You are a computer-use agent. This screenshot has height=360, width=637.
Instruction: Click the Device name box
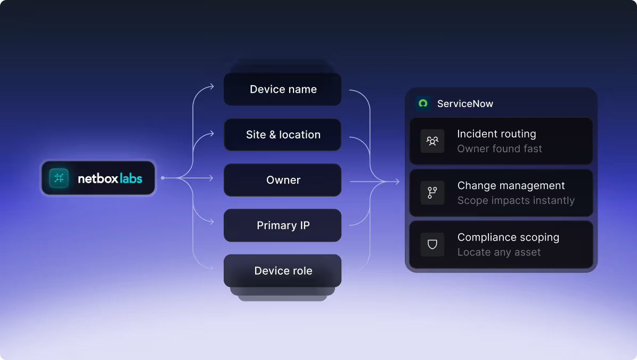pos(282,89)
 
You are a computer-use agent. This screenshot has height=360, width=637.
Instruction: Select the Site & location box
pos(282,135)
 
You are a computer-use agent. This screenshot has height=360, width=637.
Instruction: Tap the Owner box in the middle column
pos(282,180)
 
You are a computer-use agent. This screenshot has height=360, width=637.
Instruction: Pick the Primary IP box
pos(282,225)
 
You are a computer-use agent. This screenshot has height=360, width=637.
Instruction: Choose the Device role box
pos(282,271)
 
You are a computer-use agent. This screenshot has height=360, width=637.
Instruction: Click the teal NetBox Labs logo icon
pos(59,178)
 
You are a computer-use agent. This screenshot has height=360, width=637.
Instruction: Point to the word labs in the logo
pos(131,178)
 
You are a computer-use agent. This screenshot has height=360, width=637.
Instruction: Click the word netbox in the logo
pos(98,178)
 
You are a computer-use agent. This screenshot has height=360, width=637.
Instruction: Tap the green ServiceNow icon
pos(423,103)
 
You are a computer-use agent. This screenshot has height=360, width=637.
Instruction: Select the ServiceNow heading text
pos(465,104)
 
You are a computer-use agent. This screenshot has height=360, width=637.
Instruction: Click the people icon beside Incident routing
pos(432,141)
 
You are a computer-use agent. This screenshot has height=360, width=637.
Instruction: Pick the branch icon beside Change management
pos(432,193)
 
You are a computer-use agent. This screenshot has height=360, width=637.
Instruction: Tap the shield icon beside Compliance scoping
pos(432,244)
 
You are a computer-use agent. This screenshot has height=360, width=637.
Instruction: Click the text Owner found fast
pos(500,149)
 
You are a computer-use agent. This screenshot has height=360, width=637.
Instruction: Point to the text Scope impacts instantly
pos(516,200)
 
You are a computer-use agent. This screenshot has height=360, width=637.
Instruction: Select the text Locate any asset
pos(499,252)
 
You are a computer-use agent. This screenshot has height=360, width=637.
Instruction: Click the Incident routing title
pos(496,134)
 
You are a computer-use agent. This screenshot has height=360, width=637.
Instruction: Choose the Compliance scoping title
pos(508,238)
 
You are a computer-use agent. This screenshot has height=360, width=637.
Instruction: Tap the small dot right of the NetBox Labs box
pos(162,178)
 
